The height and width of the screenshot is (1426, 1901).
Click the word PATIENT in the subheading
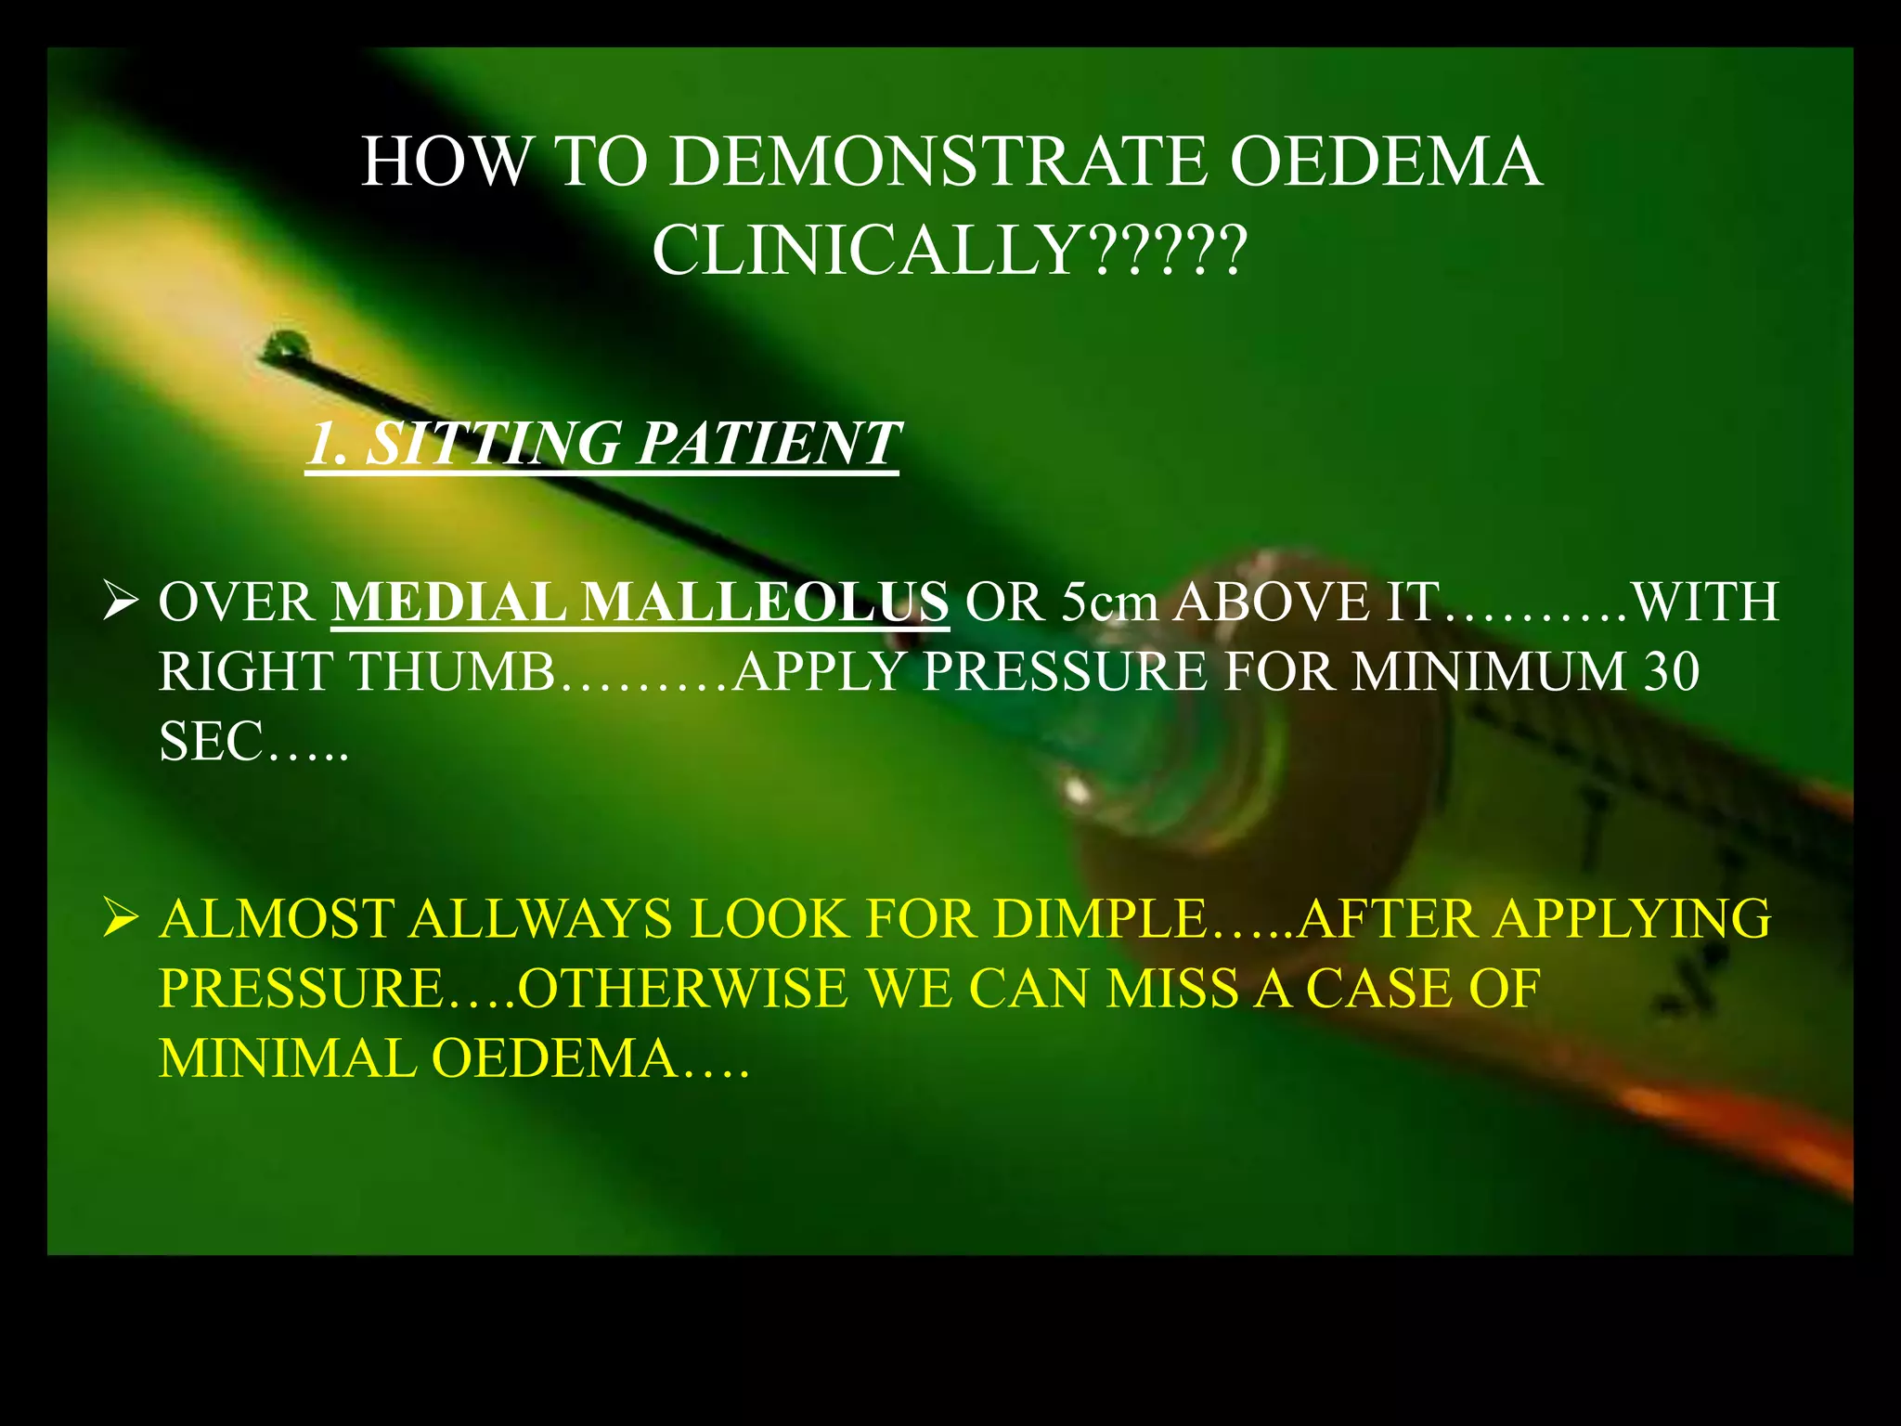(769, 443)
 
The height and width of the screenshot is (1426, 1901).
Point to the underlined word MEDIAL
(448, 602)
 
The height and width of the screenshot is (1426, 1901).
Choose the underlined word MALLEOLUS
(765, 602)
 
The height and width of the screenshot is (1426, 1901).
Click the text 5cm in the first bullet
(1110, 602)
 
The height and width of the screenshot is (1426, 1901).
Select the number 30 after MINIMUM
(1671, 671)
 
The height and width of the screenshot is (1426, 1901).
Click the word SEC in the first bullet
(211, 742)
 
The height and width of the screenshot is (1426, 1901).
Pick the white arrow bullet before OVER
(121, 603)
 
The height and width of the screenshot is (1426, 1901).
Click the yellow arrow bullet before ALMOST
(121, 919)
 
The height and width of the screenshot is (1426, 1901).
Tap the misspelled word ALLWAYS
(541, 919)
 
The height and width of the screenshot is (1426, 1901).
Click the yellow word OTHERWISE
(682, 988)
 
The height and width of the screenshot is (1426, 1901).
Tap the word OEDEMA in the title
(1385, 162)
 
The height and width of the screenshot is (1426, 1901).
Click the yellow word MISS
(1172, 988)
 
